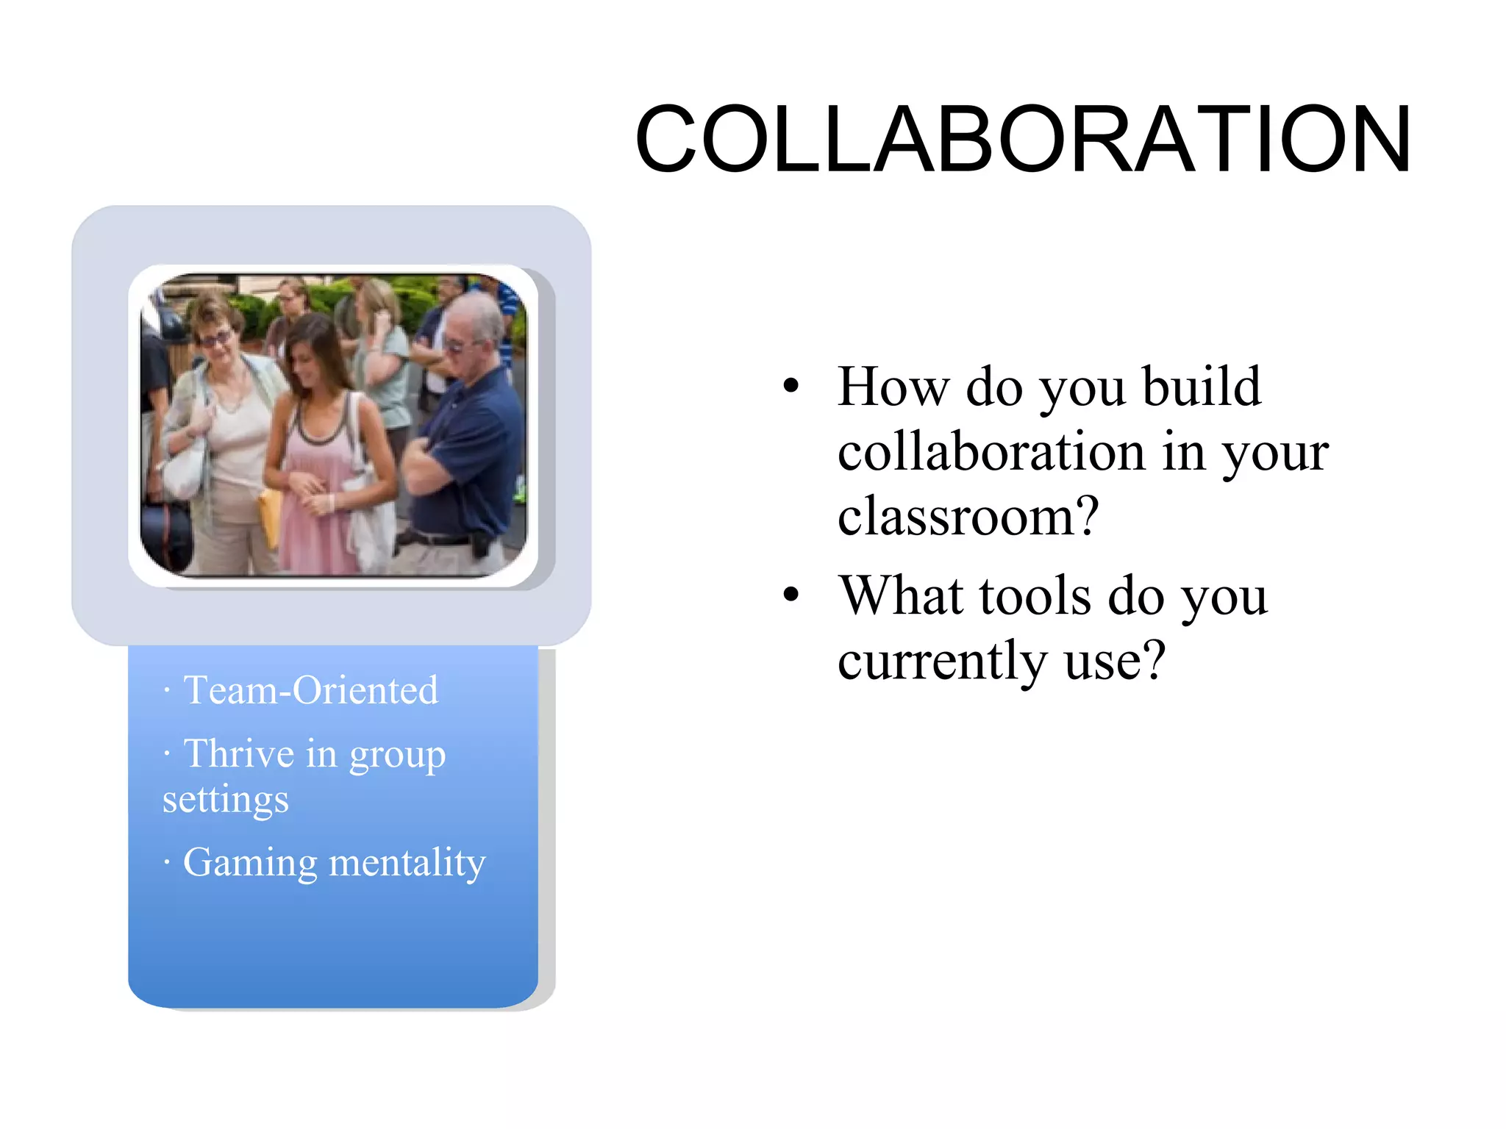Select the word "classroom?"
968,516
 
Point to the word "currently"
942,660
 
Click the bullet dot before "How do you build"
791,387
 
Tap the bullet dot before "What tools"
791,595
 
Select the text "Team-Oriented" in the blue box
310,690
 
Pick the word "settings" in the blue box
225,800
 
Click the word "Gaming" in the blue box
250,862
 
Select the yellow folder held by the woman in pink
271,515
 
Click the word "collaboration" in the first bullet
991,451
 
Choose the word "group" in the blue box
397,755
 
